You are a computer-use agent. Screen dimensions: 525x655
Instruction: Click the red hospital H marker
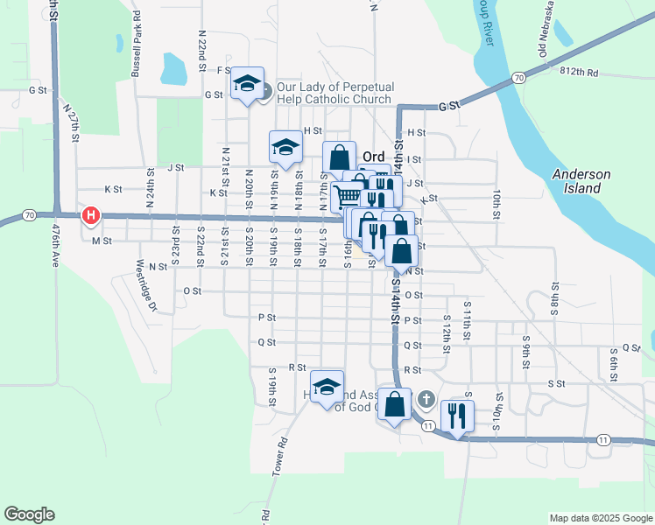90,215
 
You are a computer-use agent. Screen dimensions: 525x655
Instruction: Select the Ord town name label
374,157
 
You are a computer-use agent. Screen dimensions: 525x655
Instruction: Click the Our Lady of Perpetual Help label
335,93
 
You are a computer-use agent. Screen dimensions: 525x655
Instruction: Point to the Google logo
29,514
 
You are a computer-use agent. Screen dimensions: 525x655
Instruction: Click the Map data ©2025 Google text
600,518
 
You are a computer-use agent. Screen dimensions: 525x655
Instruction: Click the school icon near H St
285,146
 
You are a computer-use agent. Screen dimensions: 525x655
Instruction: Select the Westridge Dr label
144,284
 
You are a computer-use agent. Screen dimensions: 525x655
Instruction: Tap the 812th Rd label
581,73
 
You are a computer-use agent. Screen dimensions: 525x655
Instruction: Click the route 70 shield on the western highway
30,214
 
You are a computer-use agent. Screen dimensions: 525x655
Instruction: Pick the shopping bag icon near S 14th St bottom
395,404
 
